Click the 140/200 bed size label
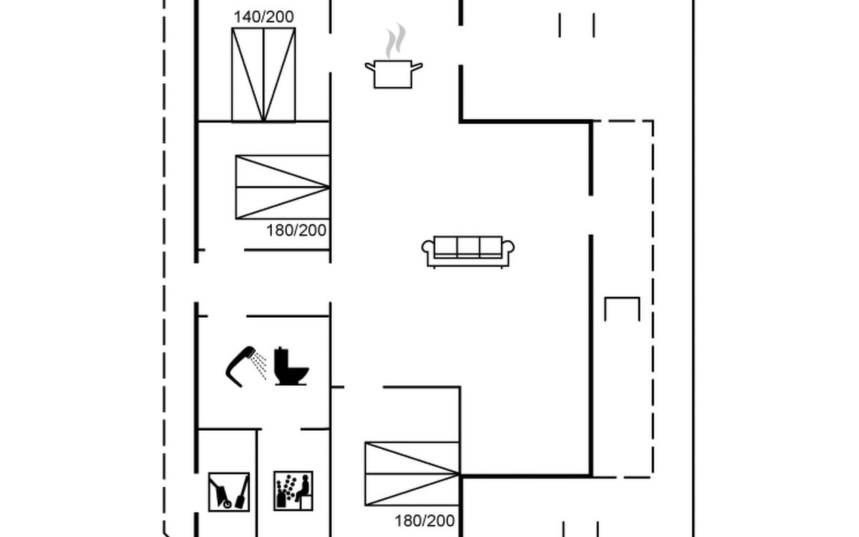pyautogui.click(x=264, y=17)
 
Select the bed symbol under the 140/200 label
pyautogui.click(x=263, y=74)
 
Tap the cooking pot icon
pyautogui.click(x=394, y=57)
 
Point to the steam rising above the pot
pyautogui.click(x=395, y=41)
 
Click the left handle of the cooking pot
pyautogui.click(x=370, y=67)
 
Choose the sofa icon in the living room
pyautogui.click(x=468, y=252)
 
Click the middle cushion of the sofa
pyautogui.click(x=468, y=246)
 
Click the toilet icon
pyautogui.click(x=291, y=366)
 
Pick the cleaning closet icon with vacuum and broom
pyautogui.click(x=229, y=492)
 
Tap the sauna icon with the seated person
pyautogui.click(x=293, y=491)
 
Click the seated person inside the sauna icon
pyautogui.click(x=303, y=488)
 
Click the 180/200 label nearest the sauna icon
pyautogui.click(x=424, y=521)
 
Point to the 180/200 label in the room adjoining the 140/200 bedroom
pyautogui.click(x=296, y=231)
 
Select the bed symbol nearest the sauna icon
pyautogui.click(x=412, y=474)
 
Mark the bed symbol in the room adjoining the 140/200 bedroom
pyautogui.click(x=283, y=187)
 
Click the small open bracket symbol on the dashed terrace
pyautogui.click(x=622, y=298)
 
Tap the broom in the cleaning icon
pyautogui.click(x=243, y=495)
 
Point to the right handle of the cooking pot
pyautogui.click(x=417, y=67)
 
